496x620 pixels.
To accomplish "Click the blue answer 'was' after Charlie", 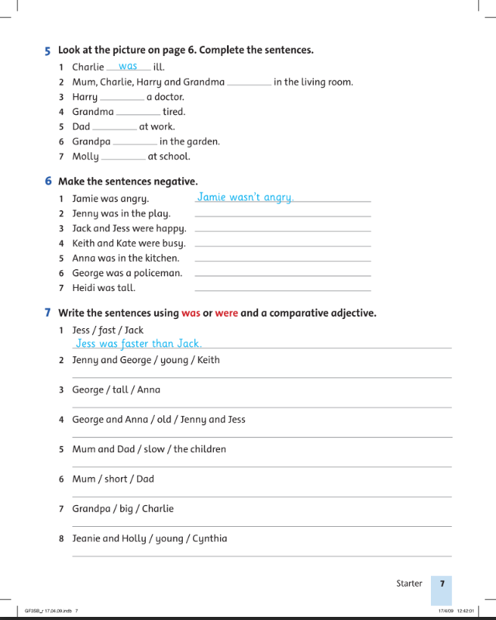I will pos(128,67).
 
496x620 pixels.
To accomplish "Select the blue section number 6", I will pos(48,182).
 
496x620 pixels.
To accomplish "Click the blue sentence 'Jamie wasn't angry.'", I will pos(245,198).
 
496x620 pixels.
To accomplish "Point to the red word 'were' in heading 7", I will pos(226,313).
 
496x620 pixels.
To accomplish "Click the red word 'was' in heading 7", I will pos(191,313).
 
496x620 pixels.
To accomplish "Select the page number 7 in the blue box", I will pos(442,584).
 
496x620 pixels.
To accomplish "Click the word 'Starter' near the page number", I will pos(409,584).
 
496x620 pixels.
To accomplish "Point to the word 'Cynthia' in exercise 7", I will pos(210,539).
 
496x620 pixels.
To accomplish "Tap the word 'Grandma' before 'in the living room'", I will pos(205,82).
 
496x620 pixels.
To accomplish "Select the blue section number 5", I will pos(48,50).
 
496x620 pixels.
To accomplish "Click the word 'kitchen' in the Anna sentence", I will pos(160,258).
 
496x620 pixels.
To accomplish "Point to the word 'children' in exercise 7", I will pos(210,449).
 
